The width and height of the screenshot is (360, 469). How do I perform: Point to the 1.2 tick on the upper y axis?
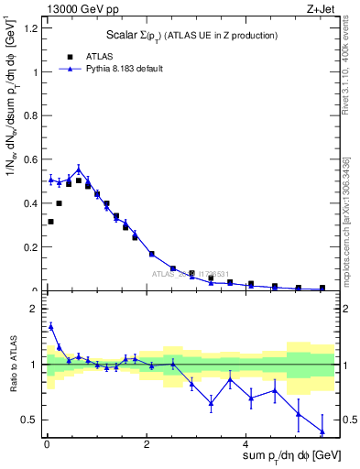(x=32, y=27)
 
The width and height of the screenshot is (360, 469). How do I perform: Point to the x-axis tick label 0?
(x=47, y=443)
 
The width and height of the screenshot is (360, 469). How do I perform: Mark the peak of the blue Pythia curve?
(x=79, y=169)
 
